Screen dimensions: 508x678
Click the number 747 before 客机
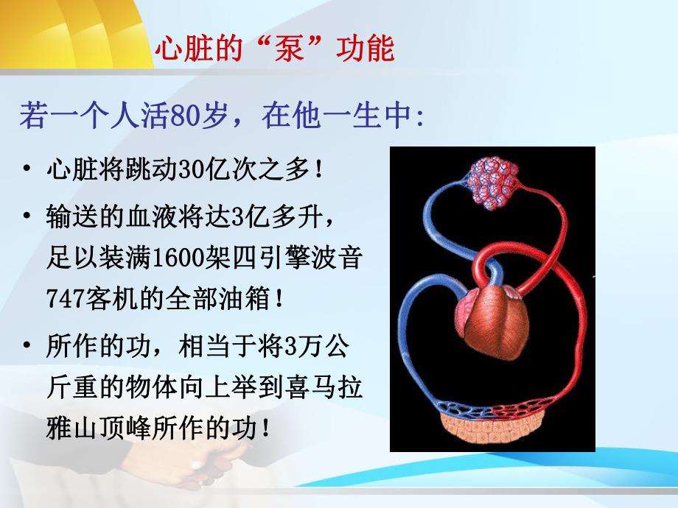63,300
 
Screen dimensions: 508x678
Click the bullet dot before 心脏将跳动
27,170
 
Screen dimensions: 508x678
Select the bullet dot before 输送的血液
27,217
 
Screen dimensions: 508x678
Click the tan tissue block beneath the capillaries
492,431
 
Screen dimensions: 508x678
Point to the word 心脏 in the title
177,50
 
